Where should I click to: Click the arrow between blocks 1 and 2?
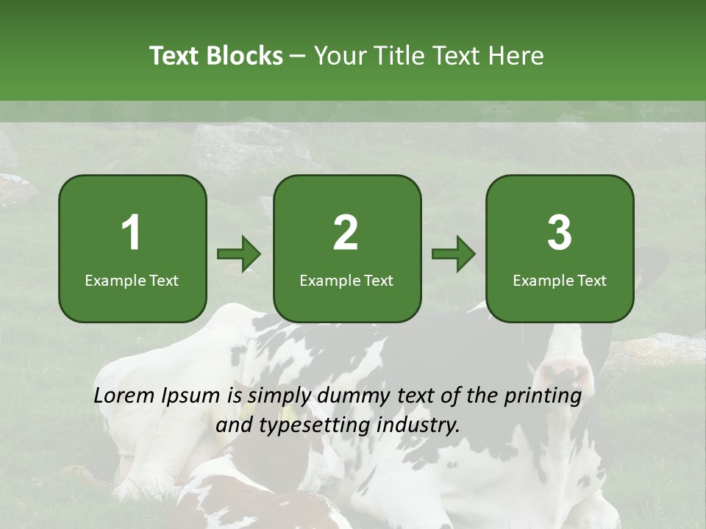(239, 254)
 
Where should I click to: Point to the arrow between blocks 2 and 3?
(454, 254)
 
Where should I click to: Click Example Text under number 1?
(132, 280)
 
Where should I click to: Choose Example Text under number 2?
(346, 280)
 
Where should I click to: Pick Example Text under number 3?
(560, 280)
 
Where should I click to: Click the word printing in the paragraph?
(543, 397)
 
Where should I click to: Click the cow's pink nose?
(566, 371)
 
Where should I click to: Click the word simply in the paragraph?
(279, 397)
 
